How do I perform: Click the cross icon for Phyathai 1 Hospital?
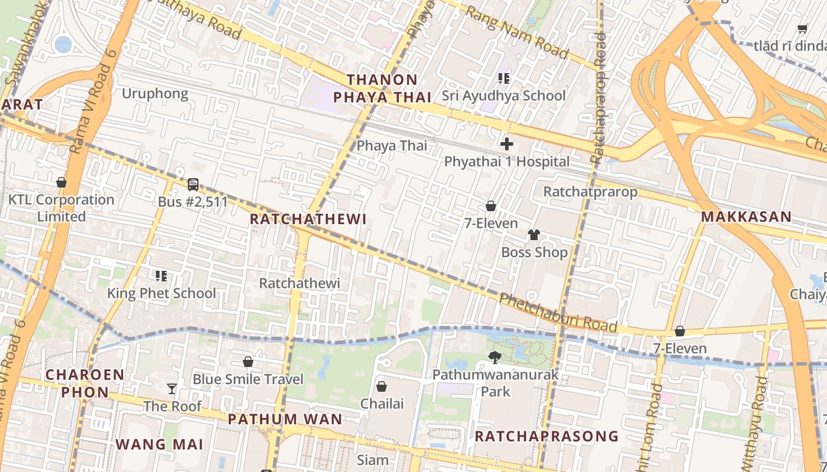(506, 144)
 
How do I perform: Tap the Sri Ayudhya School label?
(504, 96)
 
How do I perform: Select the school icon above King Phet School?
(161, 276)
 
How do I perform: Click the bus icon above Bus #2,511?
(193, 185)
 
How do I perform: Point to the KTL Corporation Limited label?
(61, 208)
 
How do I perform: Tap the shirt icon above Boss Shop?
(534, 235)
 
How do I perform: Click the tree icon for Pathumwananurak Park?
(495, 357)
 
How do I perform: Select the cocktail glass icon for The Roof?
(172, 388)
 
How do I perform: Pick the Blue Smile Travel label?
(248, 379)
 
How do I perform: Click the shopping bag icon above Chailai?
(382, 386)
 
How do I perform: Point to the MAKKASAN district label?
(746, 217)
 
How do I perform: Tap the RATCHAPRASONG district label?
(546, 437)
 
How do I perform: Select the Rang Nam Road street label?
(517, 32)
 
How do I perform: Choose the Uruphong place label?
(155, 93)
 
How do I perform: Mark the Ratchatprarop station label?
(590, 192)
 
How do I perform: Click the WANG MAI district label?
(159, 444)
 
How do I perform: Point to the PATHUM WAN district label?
(285, 419)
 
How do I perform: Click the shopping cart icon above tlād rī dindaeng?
(802, 28)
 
